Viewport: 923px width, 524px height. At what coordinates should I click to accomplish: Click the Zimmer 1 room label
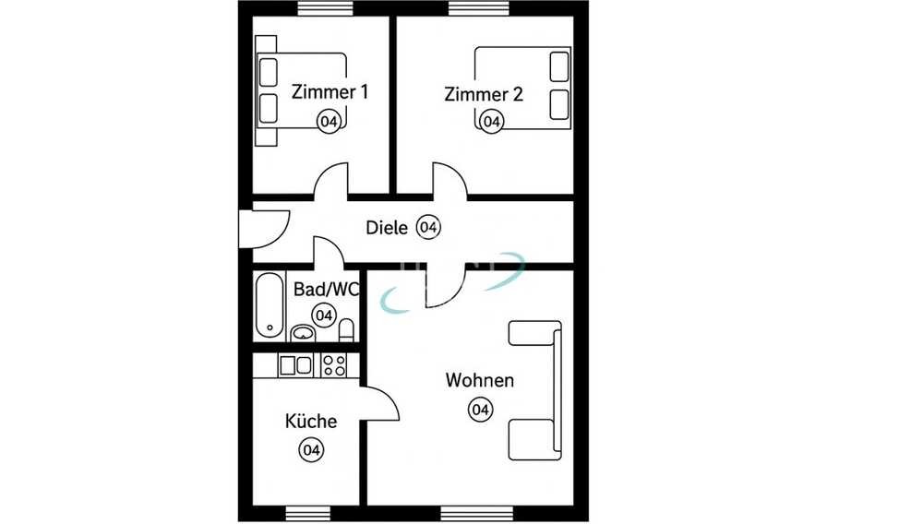pos(330,92)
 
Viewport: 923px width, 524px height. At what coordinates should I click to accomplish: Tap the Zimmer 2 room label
pos(484,94)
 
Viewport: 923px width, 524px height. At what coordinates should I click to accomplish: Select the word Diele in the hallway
pos(387,228)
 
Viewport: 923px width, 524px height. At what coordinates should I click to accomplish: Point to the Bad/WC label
pos(326,290)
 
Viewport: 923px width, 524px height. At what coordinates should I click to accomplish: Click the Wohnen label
pos(480,380)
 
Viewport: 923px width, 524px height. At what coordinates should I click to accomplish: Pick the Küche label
pos(311,421)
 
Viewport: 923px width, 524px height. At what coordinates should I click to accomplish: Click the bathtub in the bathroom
pos(270,304)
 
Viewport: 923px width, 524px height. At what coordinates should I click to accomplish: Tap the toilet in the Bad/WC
pos(347,330)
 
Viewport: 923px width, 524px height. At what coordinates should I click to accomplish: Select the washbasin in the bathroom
pos(303,333)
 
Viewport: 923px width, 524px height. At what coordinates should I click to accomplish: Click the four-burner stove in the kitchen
pos(333,365)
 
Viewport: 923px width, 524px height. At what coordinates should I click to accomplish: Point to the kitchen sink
pos(295,366)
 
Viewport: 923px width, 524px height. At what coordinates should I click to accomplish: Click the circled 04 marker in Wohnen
pos(480,410)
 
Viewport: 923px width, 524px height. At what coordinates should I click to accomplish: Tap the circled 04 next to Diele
pos(428,227)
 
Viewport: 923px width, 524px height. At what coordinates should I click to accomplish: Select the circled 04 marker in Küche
pos(311,450)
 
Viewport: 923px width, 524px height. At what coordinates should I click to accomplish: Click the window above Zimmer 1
pos(326,7)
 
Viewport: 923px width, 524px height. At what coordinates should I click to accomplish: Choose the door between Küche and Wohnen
pos(379,404)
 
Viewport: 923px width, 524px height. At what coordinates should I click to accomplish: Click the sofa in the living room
pos(535,390)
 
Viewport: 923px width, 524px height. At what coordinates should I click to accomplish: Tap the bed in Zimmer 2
pos(522,88)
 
